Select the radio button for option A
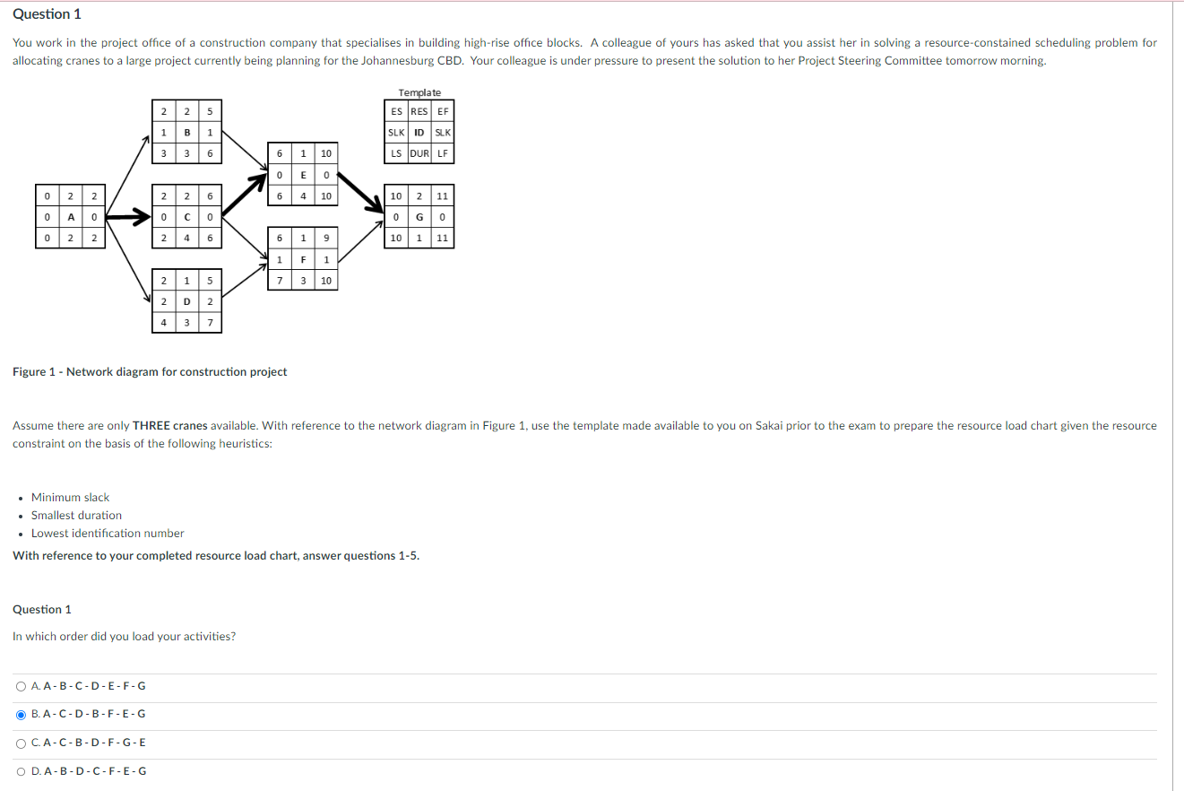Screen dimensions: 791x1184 [x=21, y=687]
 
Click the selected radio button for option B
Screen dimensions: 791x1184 [x=21, y=715]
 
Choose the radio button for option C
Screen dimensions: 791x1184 [x=21, y=743]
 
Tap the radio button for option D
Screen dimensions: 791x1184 [x=21, y=771]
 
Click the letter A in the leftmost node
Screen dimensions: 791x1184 [x=70, y=217]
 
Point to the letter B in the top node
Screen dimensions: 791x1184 [x=186, y=133]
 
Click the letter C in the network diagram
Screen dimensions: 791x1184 [x=186, y=217]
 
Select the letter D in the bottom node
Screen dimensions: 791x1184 [x=186, y=301]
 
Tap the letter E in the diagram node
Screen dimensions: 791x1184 [x=304, y=175]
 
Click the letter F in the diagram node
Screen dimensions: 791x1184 [x=304, y=259]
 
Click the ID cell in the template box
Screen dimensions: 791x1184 [x=419, y=133]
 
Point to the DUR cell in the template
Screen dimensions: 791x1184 [x=419, y=153]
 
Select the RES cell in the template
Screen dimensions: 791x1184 [x=419, y=111]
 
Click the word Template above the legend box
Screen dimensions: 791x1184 [x=419, y=93]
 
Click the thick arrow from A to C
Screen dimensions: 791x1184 [x=128, y=217]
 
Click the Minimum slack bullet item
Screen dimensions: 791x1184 [x=70, y=498]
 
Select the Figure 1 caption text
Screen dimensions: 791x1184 [x=150, y=372]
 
